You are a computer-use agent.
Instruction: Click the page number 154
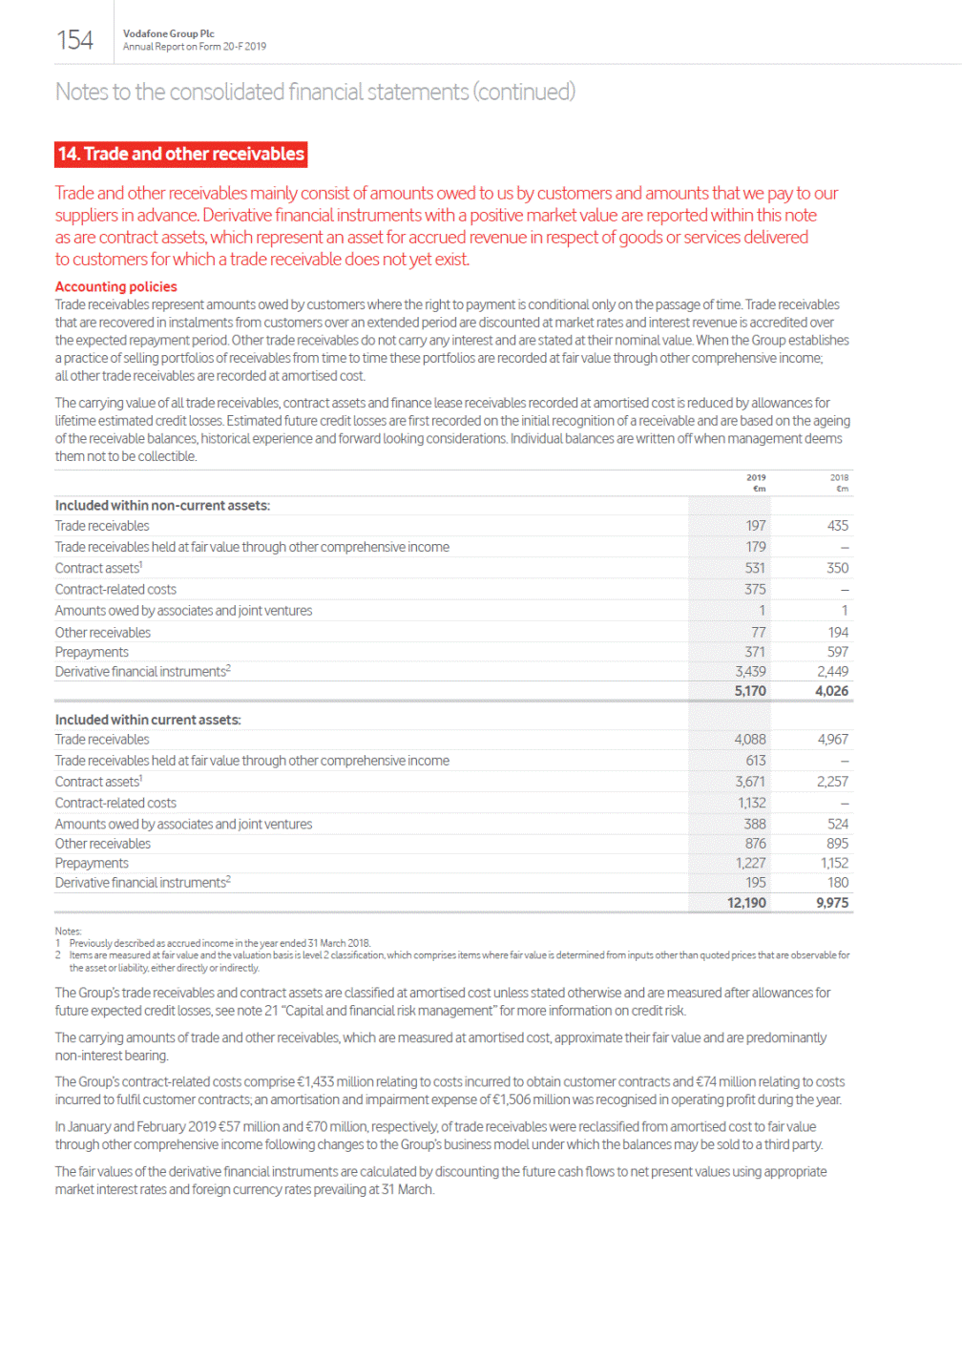pos(74,40)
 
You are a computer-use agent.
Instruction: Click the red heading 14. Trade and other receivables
pos(181,154)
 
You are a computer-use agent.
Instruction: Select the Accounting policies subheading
pos(115,286)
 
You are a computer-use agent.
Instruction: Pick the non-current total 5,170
pos(750,691)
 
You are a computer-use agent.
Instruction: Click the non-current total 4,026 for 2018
pos(831,691)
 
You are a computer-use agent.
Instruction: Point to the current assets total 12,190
pos(746,903)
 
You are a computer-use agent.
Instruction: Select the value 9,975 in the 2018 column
pos(832,903)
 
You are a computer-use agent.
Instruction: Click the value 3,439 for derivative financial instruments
pos(750,672)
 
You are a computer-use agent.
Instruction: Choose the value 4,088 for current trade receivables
pos(750,740)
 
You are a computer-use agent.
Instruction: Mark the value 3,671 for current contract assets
pos(750,782)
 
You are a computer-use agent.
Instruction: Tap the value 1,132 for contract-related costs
pos(751,804)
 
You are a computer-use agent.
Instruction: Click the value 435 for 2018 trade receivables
pos(838,526)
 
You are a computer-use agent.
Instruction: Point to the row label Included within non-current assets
pos(162,506)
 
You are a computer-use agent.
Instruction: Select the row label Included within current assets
pos(148,720)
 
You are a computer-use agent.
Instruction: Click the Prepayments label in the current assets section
pos(92,864)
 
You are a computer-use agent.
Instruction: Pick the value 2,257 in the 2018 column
pos(832,782)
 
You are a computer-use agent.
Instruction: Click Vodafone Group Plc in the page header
pos(168,33)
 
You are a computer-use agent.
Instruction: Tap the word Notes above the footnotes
pos(68,932)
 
